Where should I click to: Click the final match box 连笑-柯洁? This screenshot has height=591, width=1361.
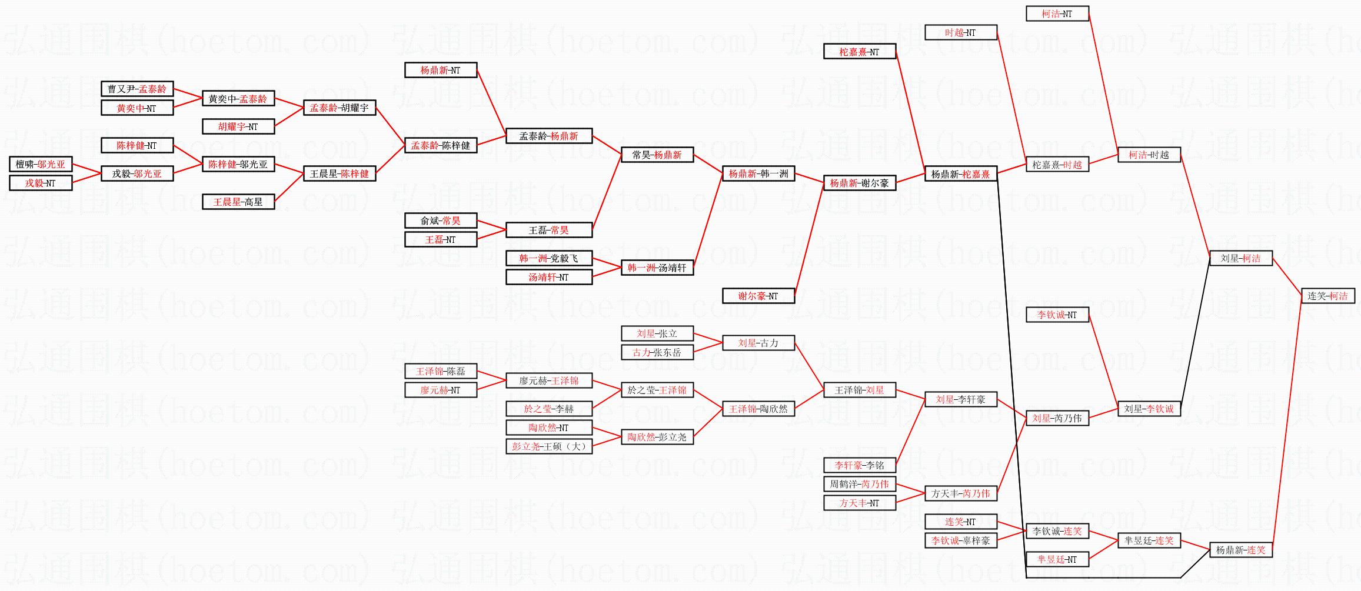coord(1328,296)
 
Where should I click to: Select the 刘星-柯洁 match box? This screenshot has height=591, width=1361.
coord(1240,258)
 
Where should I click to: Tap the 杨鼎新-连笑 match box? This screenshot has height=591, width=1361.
coord(1240,550)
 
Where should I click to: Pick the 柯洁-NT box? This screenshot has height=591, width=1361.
coord(1057,14)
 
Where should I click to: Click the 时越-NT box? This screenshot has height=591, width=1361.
coord(960,32)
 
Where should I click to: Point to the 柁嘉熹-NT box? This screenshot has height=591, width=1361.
coord(859,52)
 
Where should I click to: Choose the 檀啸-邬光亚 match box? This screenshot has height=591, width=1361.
coord(41,164)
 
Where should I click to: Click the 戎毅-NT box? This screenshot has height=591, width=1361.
coord(41,183)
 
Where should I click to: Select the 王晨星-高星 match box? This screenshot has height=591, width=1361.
coord(238,202)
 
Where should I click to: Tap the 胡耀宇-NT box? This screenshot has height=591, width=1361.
coord(238,126)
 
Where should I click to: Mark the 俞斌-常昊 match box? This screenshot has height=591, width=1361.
coord(440,221)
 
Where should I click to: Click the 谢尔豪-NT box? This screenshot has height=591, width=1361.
coord(758,296)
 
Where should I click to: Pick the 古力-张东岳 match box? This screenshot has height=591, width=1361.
coord(657,352)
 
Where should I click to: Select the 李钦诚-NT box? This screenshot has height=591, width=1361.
coord(1057,315)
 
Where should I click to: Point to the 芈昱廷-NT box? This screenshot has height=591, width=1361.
coord(1057,559)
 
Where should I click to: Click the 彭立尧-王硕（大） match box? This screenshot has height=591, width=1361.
coord(548,446)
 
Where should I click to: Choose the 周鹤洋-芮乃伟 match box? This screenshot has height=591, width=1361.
coord(859,484)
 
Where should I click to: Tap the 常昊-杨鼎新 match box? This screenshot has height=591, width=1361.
coord(657,155)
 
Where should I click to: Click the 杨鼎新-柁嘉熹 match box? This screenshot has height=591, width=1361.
coord(960,173)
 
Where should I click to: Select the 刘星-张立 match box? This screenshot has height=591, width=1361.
coord(657,333)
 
